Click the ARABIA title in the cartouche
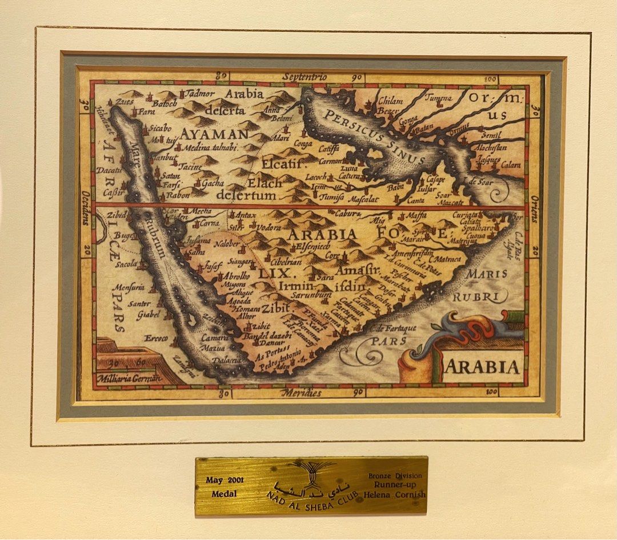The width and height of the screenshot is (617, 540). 482,366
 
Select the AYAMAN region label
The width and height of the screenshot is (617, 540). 215,134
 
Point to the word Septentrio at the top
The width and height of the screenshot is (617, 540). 305,77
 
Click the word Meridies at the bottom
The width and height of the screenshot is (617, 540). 302,393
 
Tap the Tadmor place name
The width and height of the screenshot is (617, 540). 200,93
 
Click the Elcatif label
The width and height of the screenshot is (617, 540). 281,163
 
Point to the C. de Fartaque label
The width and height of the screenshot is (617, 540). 393,328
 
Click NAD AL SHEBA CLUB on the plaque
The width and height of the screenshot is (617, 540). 311,499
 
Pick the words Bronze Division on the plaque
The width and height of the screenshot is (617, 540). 395,475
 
